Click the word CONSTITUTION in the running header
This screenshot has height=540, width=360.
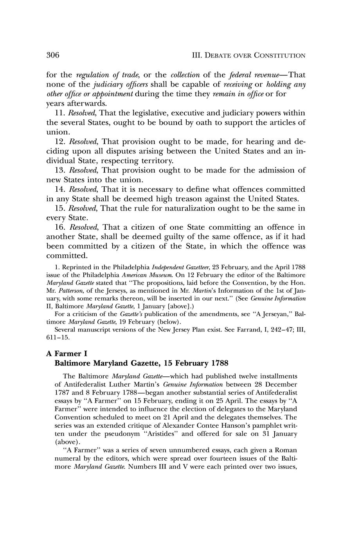[280, 56]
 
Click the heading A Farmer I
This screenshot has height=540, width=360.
[64, 354]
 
